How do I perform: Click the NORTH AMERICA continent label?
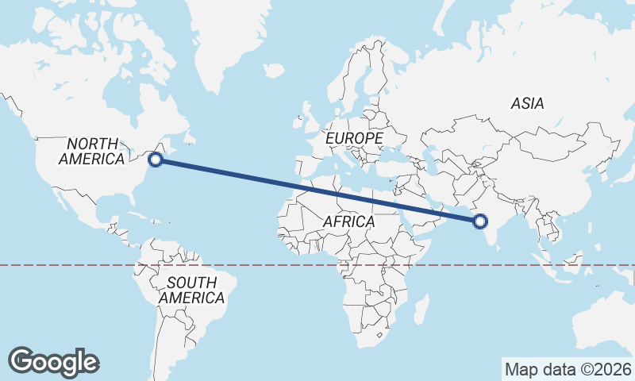[x=92, y=151]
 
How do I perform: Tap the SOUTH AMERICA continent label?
[x=191, y=291]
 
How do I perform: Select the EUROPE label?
[x=355, y=138]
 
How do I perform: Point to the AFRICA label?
[x=348, y=222]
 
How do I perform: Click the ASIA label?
[x=527, y=103]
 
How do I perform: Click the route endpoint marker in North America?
[x=156, y=160]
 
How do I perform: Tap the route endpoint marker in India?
[x=479, y=221]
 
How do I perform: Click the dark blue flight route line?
[x=317, y=190]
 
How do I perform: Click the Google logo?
[x=53, y=361]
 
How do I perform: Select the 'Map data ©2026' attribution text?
[x=568, y=369]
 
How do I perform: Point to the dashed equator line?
[x=79, y=265]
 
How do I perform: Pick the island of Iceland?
[x=275, y=71]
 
